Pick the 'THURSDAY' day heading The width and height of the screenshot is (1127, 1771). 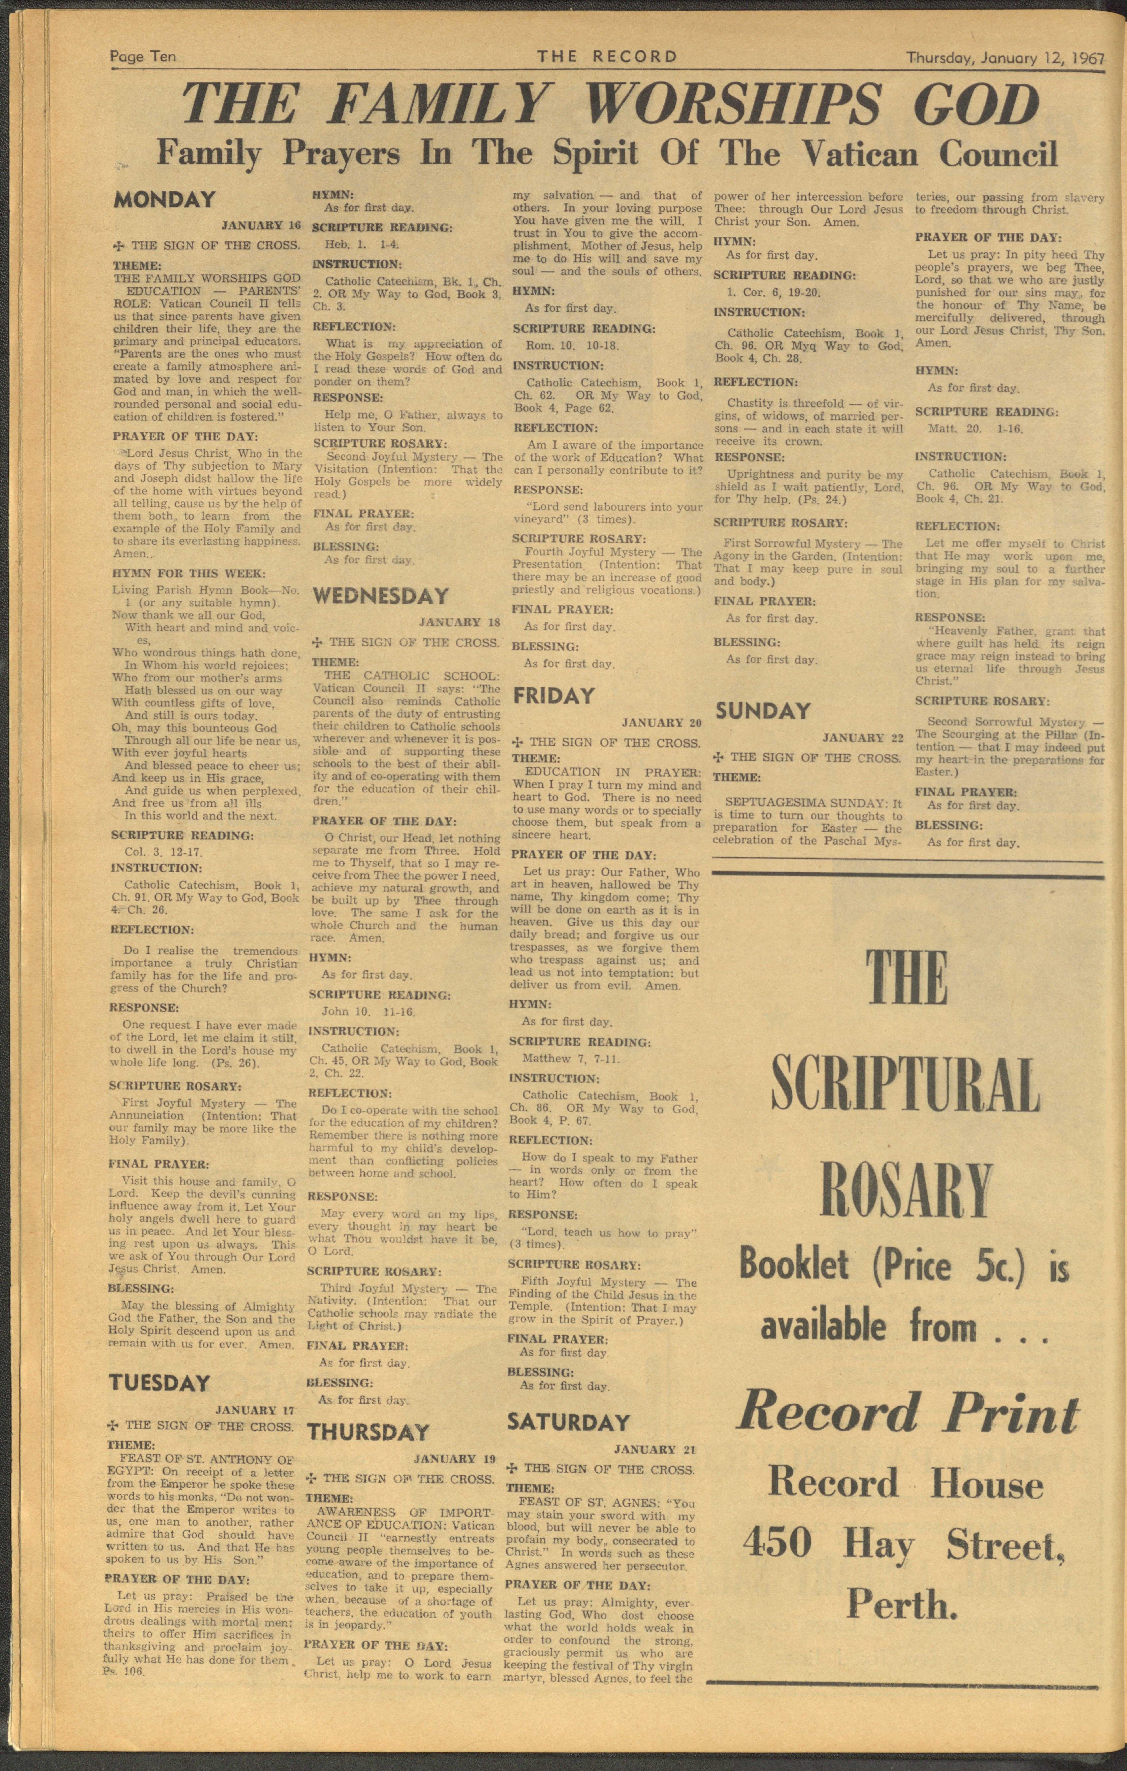click(368, 1432)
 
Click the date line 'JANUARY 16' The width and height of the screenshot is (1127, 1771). click(261, 225)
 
